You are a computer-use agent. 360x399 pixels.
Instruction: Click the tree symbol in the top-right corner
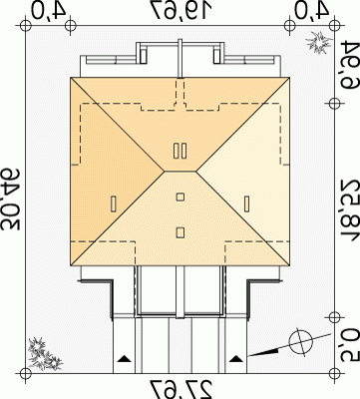coord(319,42)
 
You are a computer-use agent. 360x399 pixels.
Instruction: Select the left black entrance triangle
coord(125,358)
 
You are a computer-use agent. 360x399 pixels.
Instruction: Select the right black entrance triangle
coord(236,358)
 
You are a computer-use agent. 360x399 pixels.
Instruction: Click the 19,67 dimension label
coord(180,10)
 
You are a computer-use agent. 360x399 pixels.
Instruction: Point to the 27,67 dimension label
coord(181,389)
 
